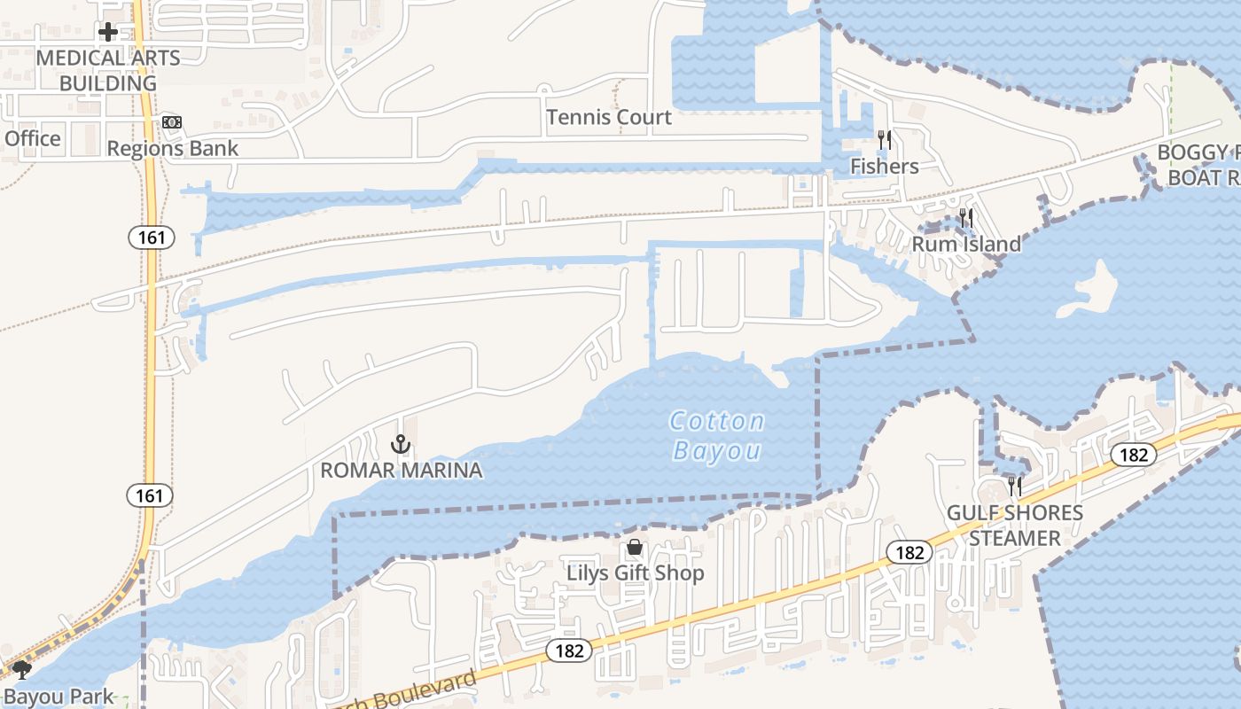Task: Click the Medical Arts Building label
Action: pos(108,70)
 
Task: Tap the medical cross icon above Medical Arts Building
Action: pos(108,33)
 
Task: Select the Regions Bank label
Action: pos(173,148)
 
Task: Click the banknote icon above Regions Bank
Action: pos(172,121)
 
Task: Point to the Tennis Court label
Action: pos(609,117)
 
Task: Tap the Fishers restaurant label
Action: pos(884,166)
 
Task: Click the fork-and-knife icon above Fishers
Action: pos(884,139)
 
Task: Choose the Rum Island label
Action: pos(966,244)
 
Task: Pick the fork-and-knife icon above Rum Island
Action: pos(966,217)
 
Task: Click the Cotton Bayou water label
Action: pos(717,435)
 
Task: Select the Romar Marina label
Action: pos(402,470)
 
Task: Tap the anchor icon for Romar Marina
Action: pos(401,443)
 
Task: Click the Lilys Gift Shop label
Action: pos(636,573)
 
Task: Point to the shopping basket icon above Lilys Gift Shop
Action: pos(635,547)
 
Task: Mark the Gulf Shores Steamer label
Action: pos(1015,526)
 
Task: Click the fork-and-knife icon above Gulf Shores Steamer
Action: pos(1015,486)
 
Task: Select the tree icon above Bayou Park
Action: pos(22,670)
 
